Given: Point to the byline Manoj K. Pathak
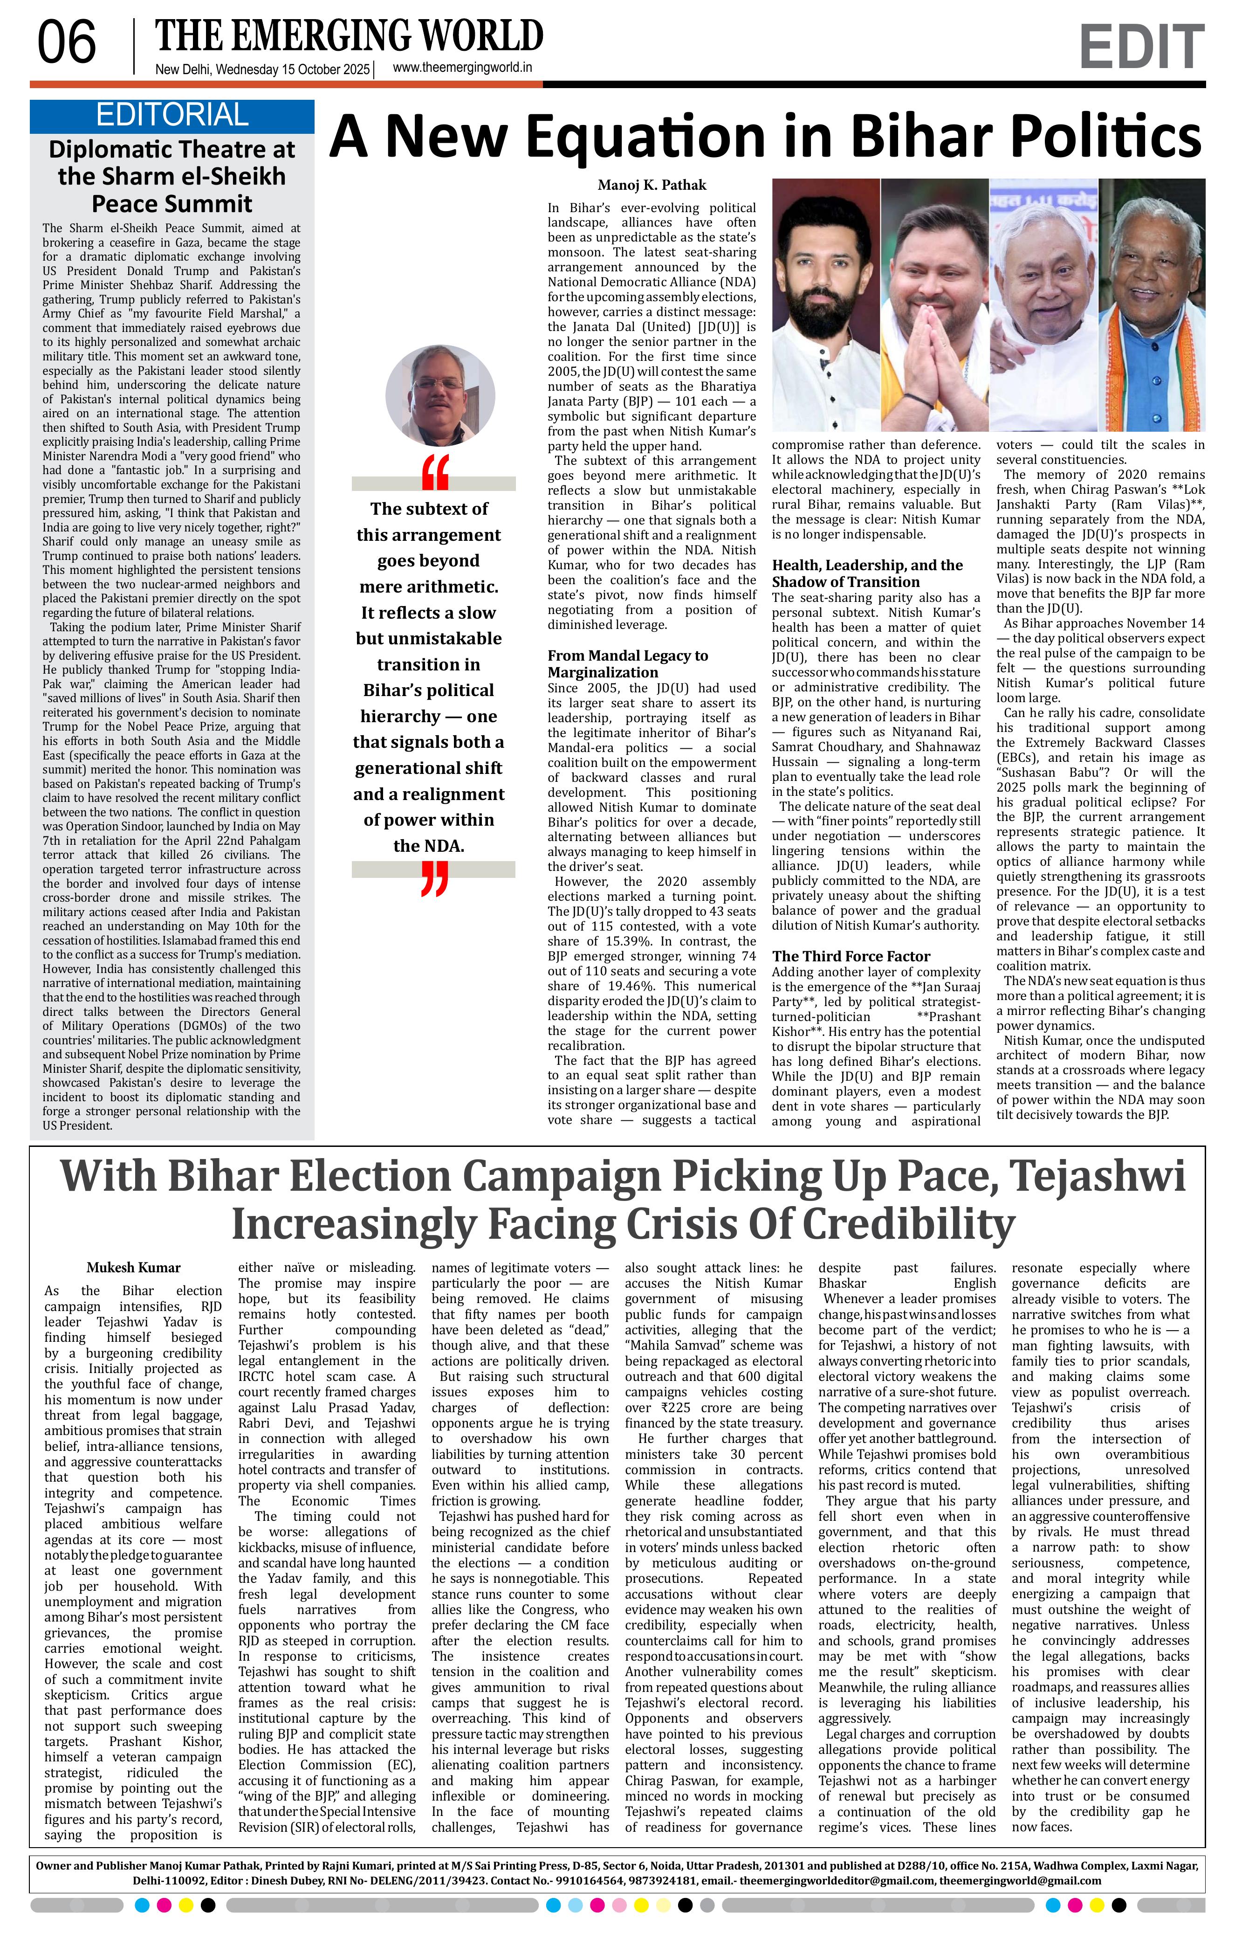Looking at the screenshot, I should click(652, 185).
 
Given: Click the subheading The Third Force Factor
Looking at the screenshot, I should click(851, 956).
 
